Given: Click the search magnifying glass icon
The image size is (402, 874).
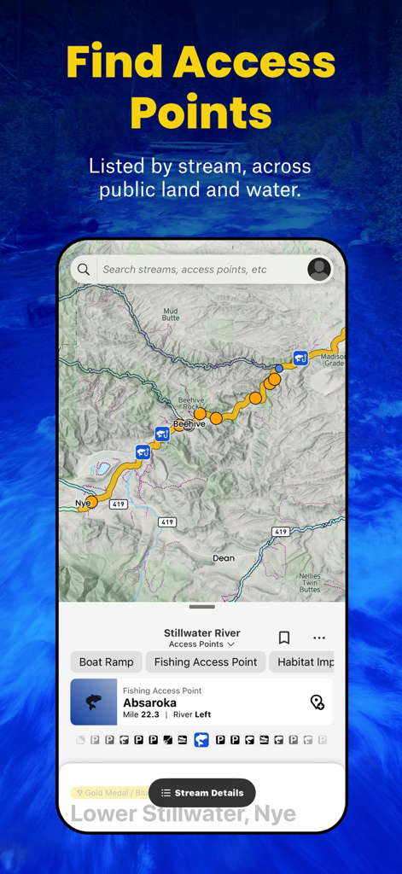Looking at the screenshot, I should [84, 270].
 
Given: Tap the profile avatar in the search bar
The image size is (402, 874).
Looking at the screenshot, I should [318, 270].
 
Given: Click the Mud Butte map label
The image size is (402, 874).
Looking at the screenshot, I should [171, 313].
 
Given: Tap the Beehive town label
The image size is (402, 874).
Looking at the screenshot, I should [189, 424].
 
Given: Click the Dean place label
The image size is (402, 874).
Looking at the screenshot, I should [223, 558].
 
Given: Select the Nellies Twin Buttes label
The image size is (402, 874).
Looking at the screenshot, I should [310, 583].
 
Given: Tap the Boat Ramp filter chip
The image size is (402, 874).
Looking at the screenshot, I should [107, 661].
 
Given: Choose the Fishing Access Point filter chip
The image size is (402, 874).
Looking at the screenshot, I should [206, 661].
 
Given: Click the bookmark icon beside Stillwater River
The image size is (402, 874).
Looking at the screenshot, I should [284, 638].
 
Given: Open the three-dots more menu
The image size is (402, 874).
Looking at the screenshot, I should [319, 638].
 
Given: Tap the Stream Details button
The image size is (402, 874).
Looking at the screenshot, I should [202, 793].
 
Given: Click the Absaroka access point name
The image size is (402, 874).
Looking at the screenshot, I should [149, 703].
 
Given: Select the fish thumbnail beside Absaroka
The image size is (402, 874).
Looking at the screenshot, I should [94, 702].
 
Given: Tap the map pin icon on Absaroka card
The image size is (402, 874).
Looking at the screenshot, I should [317, 702].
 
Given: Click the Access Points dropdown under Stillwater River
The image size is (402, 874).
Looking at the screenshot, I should [201, 644].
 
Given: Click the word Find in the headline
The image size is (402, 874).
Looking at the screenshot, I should [114, 62].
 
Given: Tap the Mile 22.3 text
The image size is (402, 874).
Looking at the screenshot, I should [142, 715].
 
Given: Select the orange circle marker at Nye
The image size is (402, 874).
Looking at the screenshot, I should [91, 503].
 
